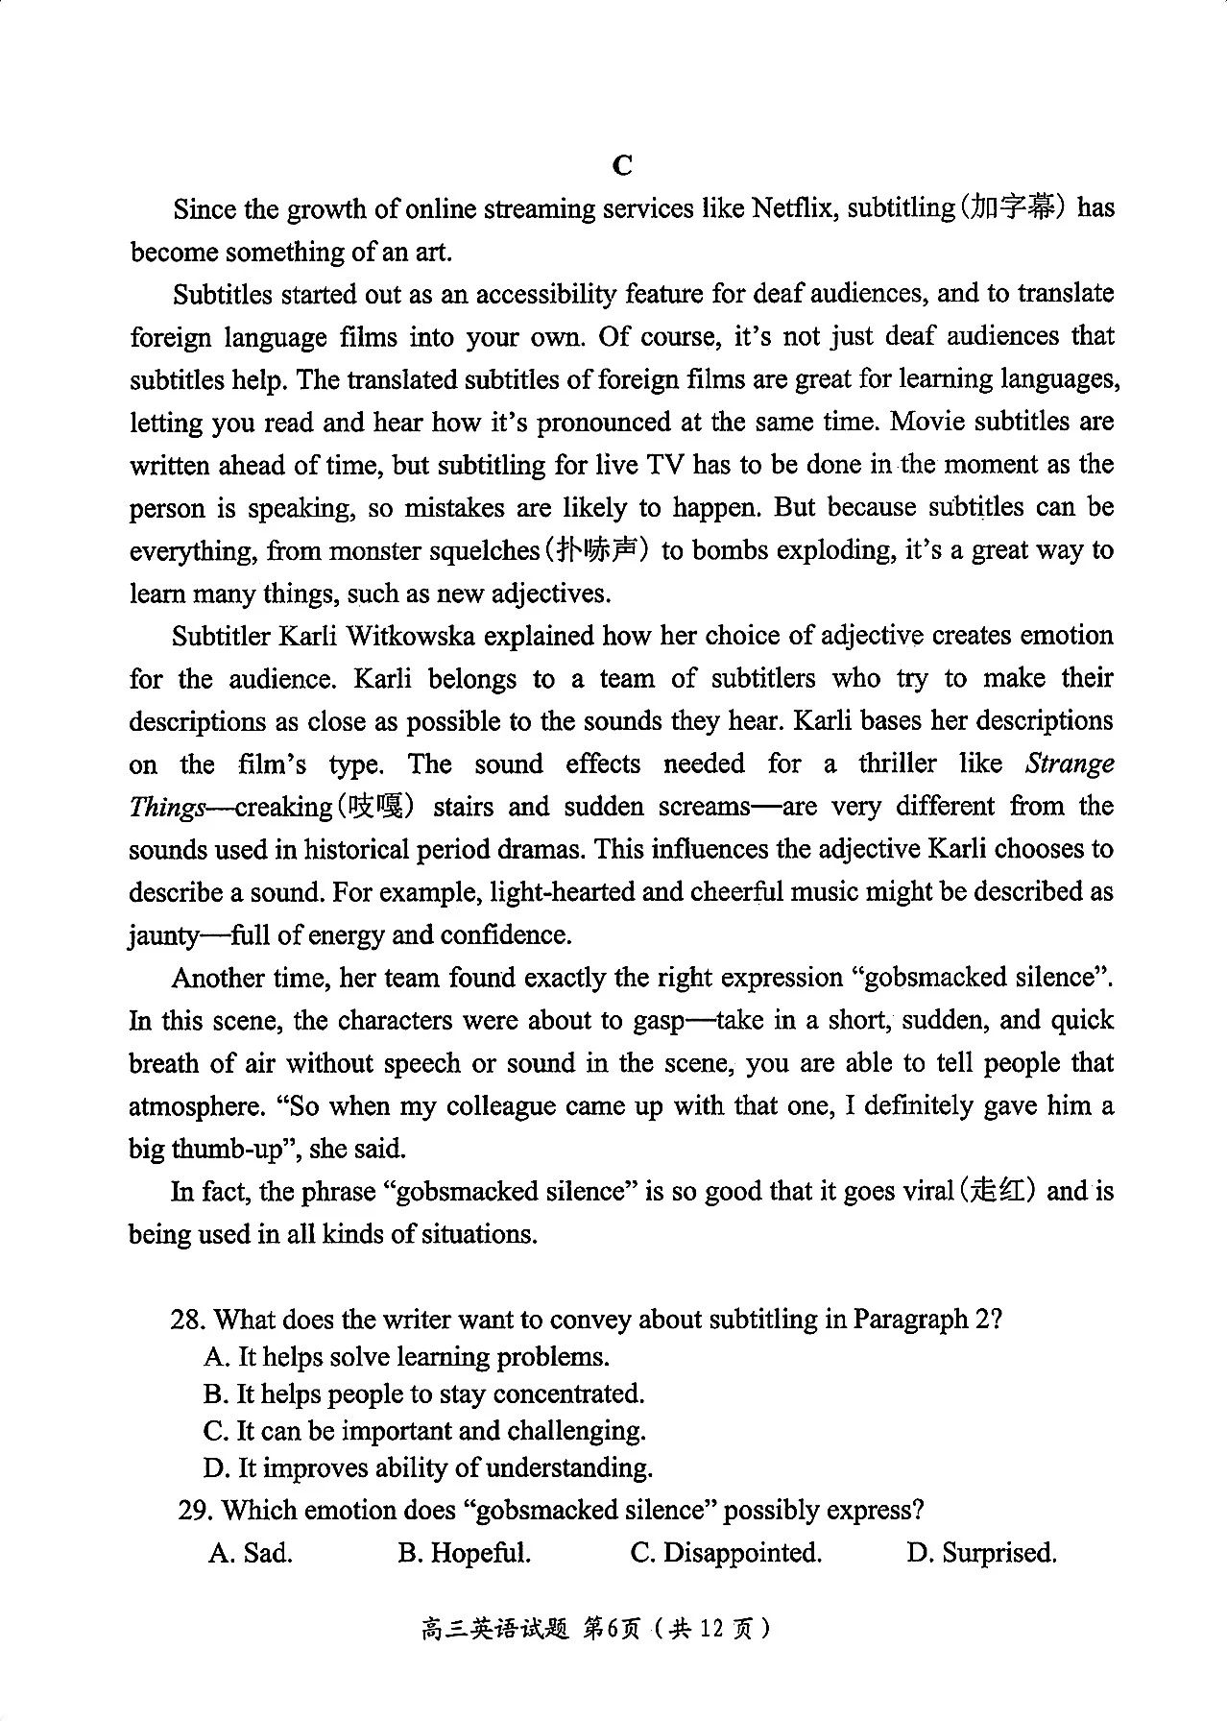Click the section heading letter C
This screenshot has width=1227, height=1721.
click(x=622, y=165)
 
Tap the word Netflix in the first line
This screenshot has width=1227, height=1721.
click(x=792, y=208)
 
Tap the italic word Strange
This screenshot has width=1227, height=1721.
click(x=1070, y=764)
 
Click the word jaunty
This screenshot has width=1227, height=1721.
click(x=164, y=935)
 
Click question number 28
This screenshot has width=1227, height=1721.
click(x=188, y=1319)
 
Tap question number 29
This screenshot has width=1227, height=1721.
click(x=196, y=1510)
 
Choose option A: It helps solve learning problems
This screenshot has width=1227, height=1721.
click(x=407, y=1356)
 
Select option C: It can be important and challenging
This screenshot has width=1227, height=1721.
click(x=424, y=1430)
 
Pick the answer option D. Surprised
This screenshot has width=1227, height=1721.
click(x=981, y=1553)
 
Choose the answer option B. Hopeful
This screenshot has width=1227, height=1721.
click(x=464, y=1553)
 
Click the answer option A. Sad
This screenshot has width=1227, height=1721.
click(x=250, y=1553)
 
